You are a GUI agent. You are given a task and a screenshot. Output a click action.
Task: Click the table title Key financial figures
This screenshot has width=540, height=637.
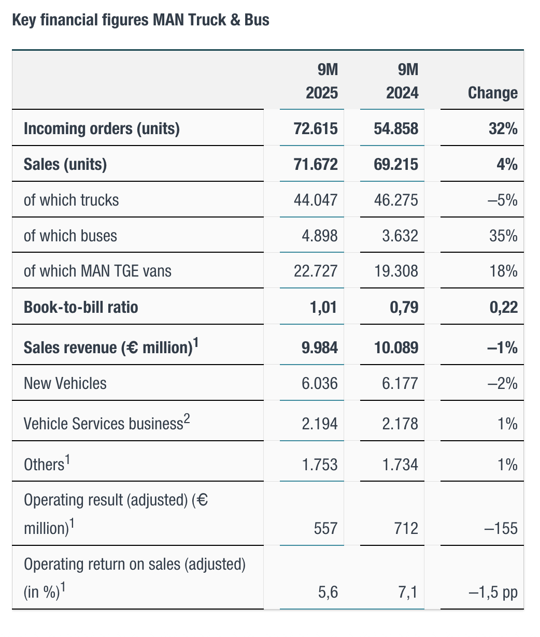[x=140, y=21]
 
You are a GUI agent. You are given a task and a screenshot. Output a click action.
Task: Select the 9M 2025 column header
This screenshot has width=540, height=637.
[x=321, y=81]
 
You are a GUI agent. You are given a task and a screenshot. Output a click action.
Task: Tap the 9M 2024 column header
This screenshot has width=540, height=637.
[x=402, y=81]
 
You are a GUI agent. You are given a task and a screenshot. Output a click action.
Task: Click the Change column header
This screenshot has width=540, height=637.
[x=492, y=93]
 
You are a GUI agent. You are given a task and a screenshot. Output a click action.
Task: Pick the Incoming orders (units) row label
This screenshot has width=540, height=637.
[x=102, y=128]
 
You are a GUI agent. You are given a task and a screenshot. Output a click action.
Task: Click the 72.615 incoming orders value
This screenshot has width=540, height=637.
[x=316, y=128]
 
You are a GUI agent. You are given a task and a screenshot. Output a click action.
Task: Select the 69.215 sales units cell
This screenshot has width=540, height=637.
[x=396, y=164]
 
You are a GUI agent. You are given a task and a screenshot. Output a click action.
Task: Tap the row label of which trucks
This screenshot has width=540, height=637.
[x=72, y=200]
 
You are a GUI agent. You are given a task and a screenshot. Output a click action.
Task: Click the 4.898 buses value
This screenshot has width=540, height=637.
[x=320, y=236]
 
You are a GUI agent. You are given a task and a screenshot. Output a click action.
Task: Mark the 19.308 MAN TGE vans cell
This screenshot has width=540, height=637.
[x=396, y=271]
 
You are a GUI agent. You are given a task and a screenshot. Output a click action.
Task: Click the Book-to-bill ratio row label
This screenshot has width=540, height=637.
[x=81, y=307]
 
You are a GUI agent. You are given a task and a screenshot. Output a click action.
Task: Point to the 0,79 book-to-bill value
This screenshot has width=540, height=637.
[x=403, y=307]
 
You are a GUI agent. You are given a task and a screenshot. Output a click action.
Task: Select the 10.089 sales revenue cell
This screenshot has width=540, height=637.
[x=396, y=347]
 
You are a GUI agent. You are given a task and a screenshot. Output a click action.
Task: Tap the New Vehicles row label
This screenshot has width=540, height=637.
[x=65, y=383]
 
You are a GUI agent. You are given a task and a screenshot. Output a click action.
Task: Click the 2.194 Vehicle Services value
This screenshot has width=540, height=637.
[x=320, y=424]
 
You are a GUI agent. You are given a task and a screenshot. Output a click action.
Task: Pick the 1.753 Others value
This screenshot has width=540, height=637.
[x=320, y=464]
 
